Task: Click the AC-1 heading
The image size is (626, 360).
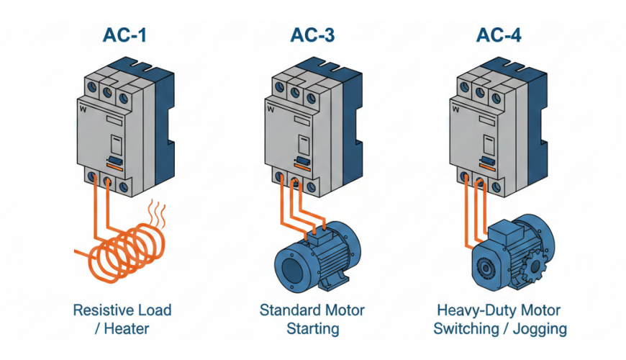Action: pos(124,35)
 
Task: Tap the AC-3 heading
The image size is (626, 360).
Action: pos(312,35)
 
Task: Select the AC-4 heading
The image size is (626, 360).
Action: pos(499,35)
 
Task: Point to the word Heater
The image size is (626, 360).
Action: pos(126,328)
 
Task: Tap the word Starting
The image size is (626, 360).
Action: pos(313,329)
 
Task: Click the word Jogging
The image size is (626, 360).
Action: pos(540,329)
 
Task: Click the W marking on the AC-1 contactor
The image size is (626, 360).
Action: pos(83,109)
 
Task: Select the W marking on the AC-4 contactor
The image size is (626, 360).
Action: pos(455,109)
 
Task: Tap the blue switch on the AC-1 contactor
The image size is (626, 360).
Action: pos(114,161)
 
